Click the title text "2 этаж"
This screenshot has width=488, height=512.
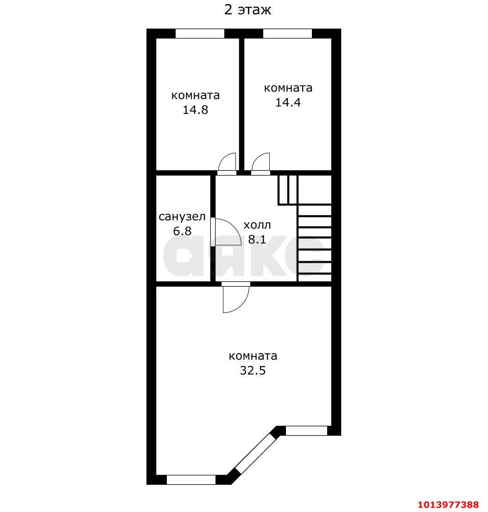pyautogui.click(x=247, y=10)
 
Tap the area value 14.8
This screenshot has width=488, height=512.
pyautogui.click(x=195, y=110)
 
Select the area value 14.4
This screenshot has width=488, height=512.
pyautogui.click(x=288, y=102)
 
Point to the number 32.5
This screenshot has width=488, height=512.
pyautogui.click(x=253, y=371)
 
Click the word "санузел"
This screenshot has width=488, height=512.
pyautogui.click(x=182, y=217)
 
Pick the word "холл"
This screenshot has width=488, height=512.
pyautogui.click(x=257, y=225)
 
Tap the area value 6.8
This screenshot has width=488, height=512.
pyautogui.click(x=182, y=231)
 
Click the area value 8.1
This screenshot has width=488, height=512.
pyautogui.click(x=257, y=240)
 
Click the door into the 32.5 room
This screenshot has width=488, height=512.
pyautogui.click(x=236, y=298)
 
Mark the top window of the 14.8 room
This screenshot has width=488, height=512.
pyautogui.click(x=200, y=34)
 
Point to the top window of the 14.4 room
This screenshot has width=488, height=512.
pyautogui.click(x=288, y=34)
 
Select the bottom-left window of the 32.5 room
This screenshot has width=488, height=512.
pyautogui.click(x=191, y=480)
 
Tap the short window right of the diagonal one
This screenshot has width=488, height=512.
pyautogui.click(x=307, y=431)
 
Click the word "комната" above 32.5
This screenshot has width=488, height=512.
pyautogui.click(x=253, y=356)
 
